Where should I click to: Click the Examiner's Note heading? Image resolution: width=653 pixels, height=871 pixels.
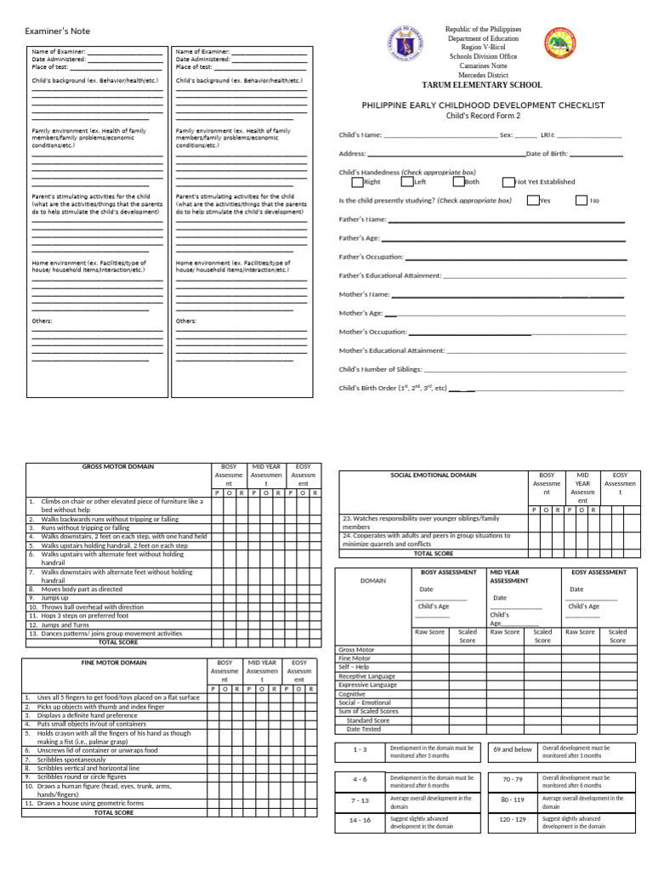pyautogui.click(x=57, y=31)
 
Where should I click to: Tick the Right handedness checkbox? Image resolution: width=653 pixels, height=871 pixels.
pyautogui.click(x=357, y=181)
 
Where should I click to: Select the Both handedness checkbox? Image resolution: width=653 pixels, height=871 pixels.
pyautogui.click(x=458, y=181)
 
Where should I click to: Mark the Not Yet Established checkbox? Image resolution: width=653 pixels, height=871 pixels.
pyautogui.click(x=508, y=182)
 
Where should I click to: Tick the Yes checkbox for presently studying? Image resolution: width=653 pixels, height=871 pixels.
pyautogui.click(x=532, y=201)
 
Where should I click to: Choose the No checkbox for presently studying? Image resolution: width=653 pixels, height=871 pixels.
pyautogui.click(x=582, y=201)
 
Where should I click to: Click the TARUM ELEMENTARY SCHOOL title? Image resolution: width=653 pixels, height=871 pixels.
pyautogui.click(x=482, y=86)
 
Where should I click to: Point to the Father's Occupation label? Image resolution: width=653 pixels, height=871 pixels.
pyautogui.click(x=371, y=257)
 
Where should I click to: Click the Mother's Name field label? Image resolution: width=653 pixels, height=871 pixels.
pyautogui.click(x=364, y=294)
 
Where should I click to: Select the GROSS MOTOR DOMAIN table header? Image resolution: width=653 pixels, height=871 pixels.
pyautogui.click(x=117, y=467)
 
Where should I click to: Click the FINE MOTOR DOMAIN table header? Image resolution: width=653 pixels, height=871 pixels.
pyautogui.click(x=114, y=663)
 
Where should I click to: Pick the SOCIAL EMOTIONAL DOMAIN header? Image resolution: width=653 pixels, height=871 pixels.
pyautogui.click(x=433, y=475)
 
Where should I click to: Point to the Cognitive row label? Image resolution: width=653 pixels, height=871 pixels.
pyautogui.click(x=353, y=694)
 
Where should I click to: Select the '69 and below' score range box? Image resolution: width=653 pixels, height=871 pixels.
pyautogui.click(x=512, y=750)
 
